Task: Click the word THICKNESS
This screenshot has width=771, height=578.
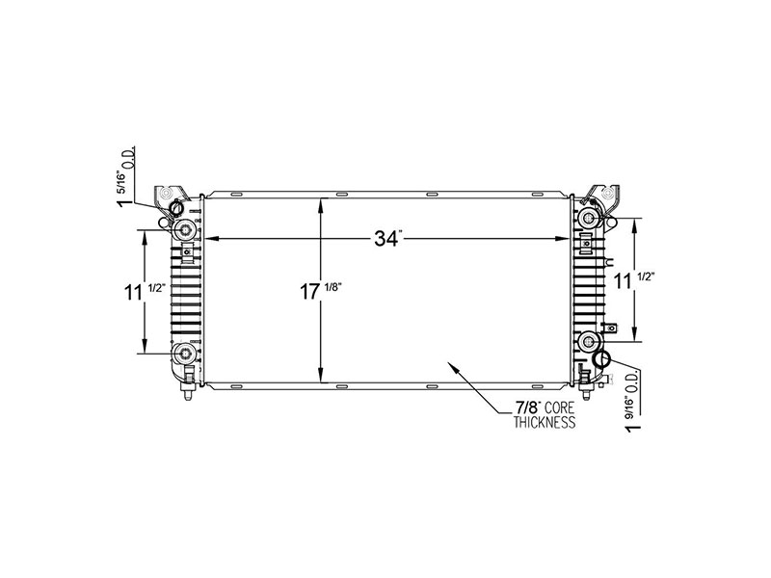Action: (544, 423)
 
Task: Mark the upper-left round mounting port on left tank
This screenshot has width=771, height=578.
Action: (183, 229)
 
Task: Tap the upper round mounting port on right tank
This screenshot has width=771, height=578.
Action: (589, 220)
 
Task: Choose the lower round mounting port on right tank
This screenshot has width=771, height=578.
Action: (590, 340)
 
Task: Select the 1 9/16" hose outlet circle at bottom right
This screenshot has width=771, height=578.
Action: (601, 359)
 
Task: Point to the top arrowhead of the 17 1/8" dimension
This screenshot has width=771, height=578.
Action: (321, 199)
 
